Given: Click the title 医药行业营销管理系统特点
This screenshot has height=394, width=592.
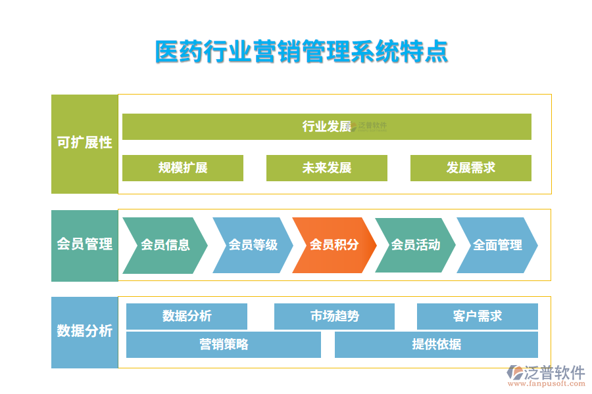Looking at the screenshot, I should point(301,52).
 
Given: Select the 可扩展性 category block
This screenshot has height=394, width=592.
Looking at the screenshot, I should point(84,143).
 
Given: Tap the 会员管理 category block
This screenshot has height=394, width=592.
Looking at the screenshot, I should point(84,245).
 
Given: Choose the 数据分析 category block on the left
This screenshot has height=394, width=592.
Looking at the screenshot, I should point(84,332).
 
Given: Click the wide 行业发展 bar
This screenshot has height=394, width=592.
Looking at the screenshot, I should point(326,127).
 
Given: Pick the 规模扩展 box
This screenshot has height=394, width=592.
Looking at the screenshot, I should point(183,168).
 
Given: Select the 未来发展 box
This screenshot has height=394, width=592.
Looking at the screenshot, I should point(326,168).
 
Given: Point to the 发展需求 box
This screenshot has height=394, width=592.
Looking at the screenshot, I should point(470,168).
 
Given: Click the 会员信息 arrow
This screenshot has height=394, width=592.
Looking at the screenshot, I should point(164,245).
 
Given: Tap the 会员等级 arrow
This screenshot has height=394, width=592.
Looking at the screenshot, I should point(253,245).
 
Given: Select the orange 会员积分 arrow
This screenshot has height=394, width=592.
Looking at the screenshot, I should point(334,245).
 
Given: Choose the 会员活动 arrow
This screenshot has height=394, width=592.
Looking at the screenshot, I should point(415,245).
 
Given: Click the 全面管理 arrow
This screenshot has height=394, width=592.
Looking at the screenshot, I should point(497,245).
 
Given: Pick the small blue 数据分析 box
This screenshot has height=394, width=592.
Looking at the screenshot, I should point(187,317).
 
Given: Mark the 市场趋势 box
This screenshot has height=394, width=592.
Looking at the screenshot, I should point(334,317).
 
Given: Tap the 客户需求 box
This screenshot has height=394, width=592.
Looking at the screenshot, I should point(477,317).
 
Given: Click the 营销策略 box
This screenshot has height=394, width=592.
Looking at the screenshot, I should point(224,345).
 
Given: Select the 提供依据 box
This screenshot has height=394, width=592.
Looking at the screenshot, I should point(436,345).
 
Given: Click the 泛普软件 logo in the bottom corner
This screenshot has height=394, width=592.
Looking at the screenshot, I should point(546,373).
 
